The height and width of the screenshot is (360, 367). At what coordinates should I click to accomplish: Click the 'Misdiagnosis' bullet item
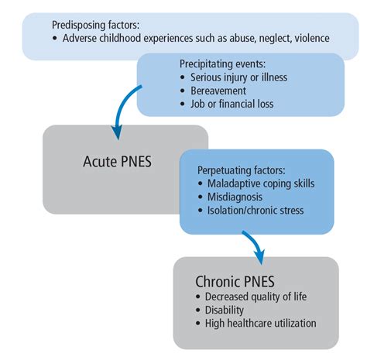[x=235, y=197]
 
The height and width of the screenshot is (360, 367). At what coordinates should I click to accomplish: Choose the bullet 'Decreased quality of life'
[x=259, y=297]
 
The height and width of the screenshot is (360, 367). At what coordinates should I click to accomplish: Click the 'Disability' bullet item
[x=225, y=310]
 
